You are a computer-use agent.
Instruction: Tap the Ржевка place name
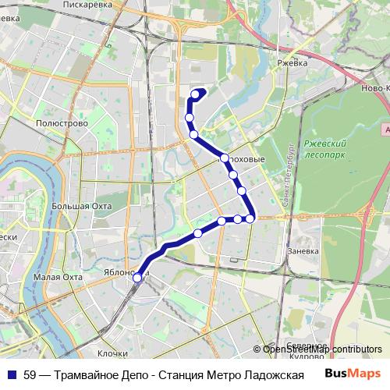click(x=294, y=61)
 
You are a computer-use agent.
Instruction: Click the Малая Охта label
click(x=58, y=276)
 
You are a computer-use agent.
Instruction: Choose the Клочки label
click(x=112, y=353)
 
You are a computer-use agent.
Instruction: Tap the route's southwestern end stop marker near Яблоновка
click(x=137, y=277)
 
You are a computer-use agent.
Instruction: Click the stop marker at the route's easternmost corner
click(x=250, y=218)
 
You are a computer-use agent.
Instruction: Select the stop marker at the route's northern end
click(x=195, y=95)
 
